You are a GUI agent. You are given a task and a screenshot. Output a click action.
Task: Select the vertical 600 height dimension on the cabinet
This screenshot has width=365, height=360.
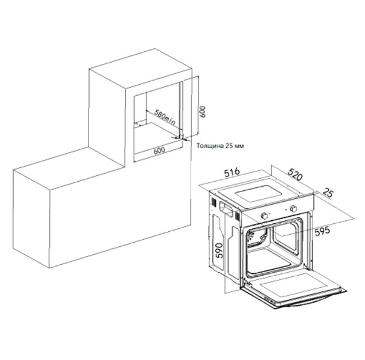coord(203,111)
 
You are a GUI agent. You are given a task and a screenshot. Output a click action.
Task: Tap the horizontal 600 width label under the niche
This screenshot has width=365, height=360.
coord(159,150)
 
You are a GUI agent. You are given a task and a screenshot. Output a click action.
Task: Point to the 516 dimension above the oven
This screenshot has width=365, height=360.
coord(232,172)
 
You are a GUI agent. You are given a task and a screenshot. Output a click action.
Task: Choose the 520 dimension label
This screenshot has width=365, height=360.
coord(295,175)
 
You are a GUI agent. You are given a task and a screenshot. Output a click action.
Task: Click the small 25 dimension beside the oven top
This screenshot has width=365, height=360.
coord(328,193)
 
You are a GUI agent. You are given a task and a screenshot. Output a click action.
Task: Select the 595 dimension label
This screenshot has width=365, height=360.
coord(322,231)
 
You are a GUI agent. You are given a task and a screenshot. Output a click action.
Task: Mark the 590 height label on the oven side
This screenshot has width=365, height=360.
coord(219,250)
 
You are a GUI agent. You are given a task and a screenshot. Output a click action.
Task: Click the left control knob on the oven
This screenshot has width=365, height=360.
coord(264,216)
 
